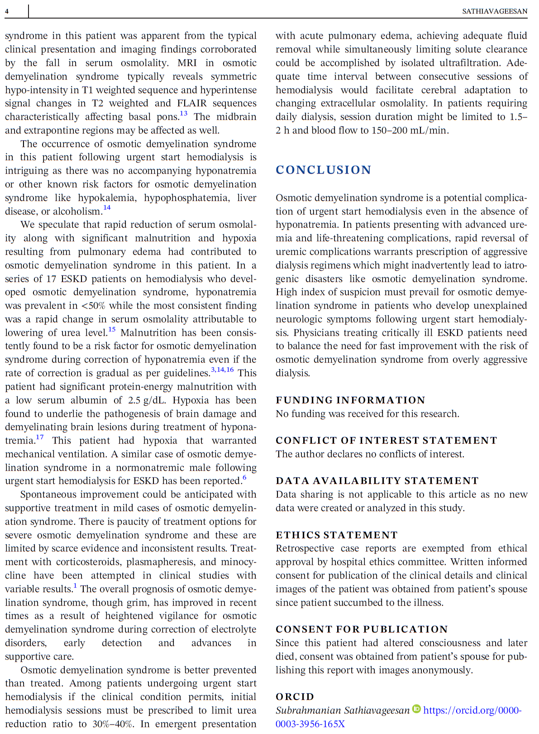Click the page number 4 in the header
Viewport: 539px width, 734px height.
pyautogui.click(x=7, y=11)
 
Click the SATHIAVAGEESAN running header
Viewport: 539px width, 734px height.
pyautogui.click(x=495, y=11)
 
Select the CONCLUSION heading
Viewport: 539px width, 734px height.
pyautogui.click(x=324, y=170)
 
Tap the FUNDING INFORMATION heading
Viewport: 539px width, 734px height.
pyautogui.click(x=350, y=400)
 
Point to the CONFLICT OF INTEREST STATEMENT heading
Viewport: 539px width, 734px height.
pyautogui.click(x=386, y=441)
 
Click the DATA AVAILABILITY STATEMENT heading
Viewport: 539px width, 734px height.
pyautogui.click(x=377, y=481)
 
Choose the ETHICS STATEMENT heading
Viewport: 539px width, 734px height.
pyautogui.click(x=337, y=535)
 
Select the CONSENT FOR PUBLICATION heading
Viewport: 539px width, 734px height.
pyautogui.click(x=362, y=629)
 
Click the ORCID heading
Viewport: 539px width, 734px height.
pyautogui.click(x=295, y=697)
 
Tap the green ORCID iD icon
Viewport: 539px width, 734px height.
pyautogui.click(x=416, y=709)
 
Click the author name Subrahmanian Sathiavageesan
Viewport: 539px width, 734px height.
pyautogui.click(x=343, y=710)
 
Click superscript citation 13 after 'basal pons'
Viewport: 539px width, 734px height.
pyautogui.click(x=183, y=113)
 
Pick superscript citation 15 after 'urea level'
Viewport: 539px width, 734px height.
pyautogui.click(x=112, y=329)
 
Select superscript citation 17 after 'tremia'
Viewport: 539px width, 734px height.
pyautogui.click(x=40, y=437)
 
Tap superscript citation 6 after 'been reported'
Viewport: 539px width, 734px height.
pyautogui.click(x=244, y=478)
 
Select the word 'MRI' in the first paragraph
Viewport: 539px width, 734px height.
pyautogui.click(x=187, y=63)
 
